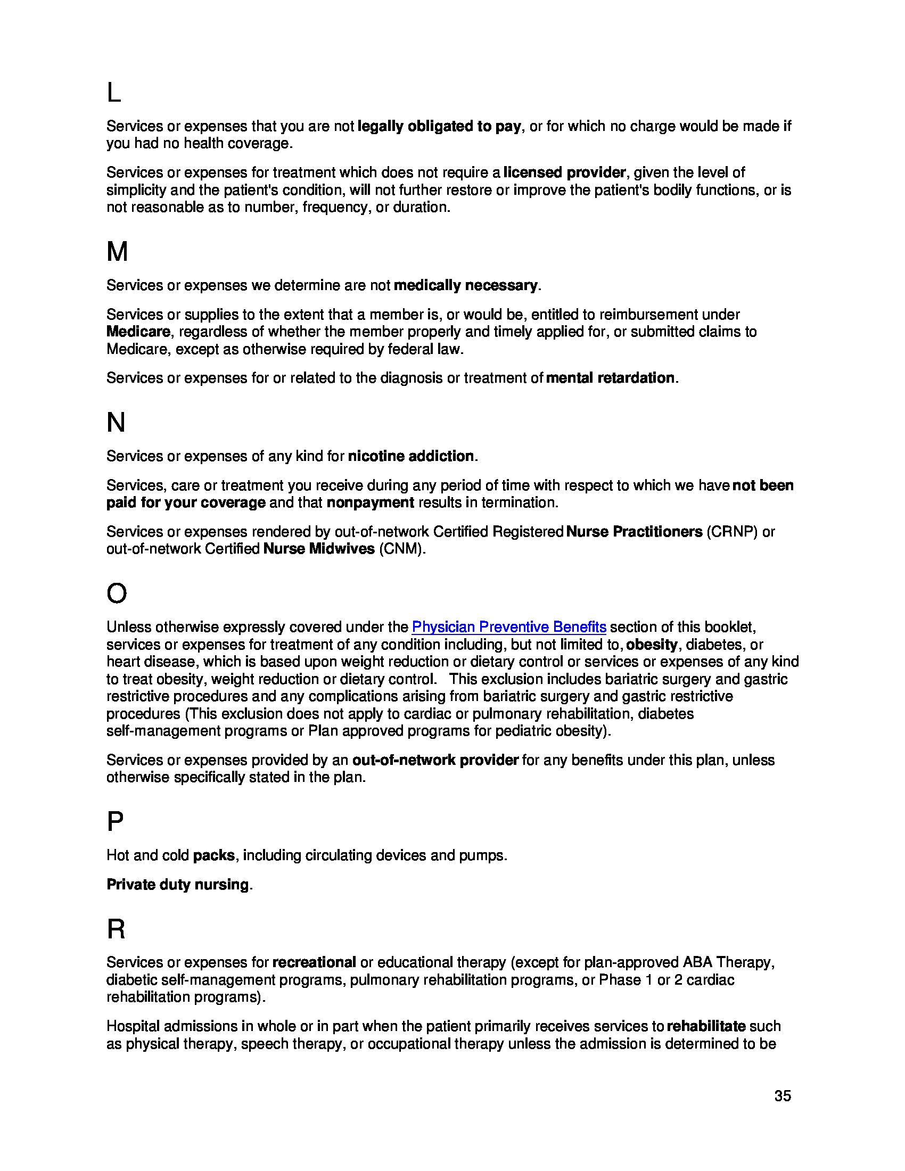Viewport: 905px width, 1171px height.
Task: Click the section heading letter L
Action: click(x=114, y=93)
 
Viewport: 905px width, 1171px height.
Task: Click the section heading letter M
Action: click(x=117, y=251)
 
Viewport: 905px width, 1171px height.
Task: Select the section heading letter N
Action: click(x=116, y=423)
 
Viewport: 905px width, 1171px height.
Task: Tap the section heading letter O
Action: click(x=117, y=593)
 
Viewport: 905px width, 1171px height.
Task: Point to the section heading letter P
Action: click(x=115, y=821)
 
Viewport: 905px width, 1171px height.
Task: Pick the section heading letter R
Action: click(x=116, y=929)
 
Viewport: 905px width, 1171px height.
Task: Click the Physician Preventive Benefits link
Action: click(x=508, y=627)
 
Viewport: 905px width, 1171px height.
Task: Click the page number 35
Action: click(x=782, y=1096)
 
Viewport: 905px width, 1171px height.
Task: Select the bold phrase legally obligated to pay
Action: click(x=439, y=126)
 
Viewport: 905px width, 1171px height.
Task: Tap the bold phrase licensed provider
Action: click(x=564, y=172)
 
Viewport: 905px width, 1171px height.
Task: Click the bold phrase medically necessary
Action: click(x=465, y=285)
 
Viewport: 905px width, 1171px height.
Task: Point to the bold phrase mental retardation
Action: click(x=610, y=378)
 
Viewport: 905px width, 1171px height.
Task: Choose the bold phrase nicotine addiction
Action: click(x=410, y=456)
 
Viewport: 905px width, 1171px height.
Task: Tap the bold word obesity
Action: click(x=652, y=645)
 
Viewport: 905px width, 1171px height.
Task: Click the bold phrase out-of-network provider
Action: click(x=435, y=760)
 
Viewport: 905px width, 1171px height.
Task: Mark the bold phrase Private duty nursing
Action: click(x=177, y=884)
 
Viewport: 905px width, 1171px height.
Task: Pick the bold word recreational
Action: click(x=314, y=962)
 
